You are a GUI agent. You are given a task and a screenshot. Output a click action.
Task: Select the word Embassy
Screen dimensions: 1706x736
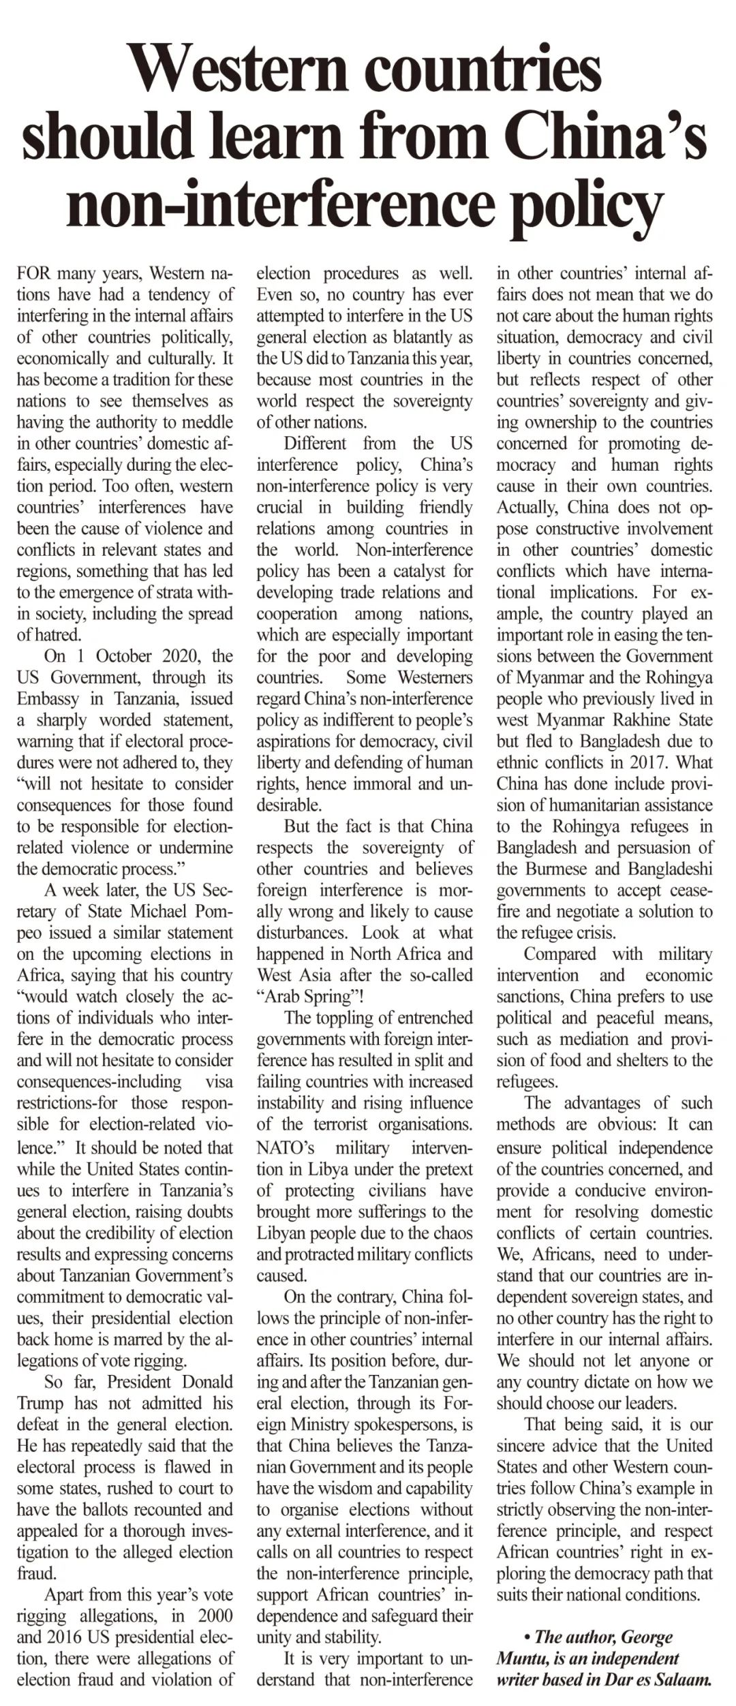point(48,698)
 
